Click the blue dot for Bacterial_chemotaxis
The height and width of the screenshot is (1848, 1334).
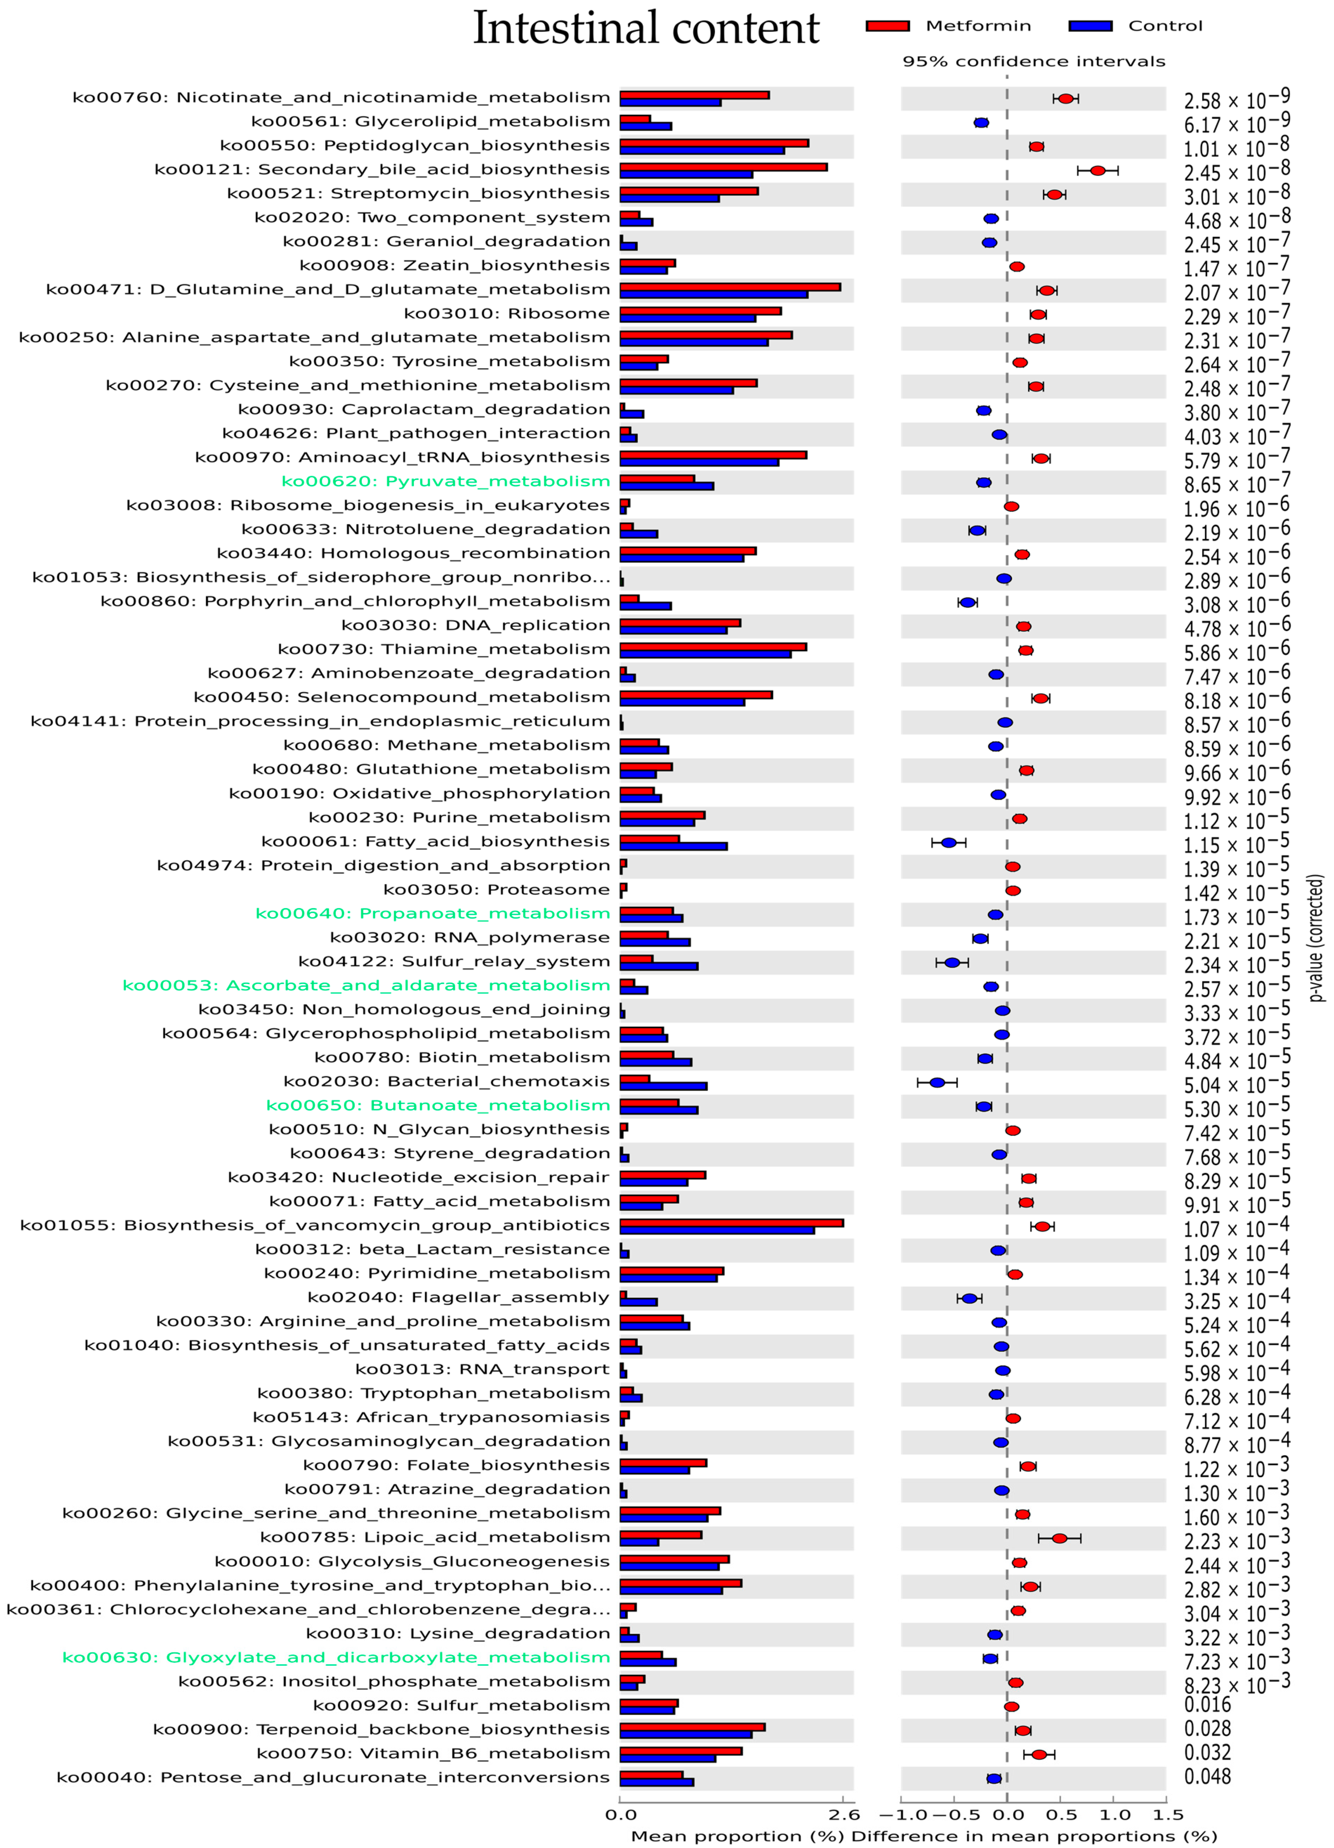937,1082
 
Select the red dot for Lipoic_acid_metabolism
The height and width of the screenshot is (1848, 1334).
1059,1538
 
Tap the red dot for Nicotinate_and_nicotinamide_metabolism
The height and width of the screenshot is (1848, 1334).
1065,99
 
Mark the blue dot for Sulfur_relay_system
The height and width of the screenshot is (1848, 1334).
952,962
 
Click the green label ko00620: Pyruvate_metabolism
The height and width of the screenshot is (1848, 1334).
445,481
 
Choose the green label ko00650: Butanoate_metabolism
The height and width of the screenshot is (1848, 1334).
438,1106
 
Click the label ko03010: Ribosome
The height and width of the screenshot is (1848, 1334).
507,314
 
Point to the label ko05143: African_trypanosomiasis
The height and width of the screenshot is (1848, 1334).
431,1418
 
